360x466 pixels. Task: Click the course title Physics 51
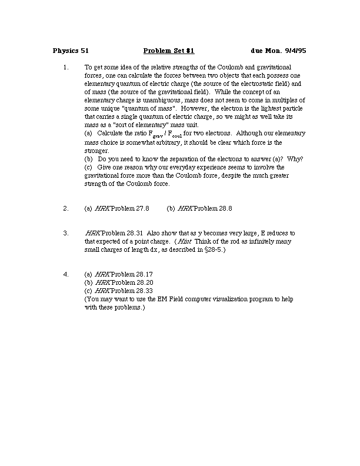click(x=71, y=51)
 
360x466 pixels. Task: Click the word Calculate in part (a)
click(x=111, y=134)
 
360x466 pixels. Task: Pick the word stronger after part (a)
click(x=96, y=151)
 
